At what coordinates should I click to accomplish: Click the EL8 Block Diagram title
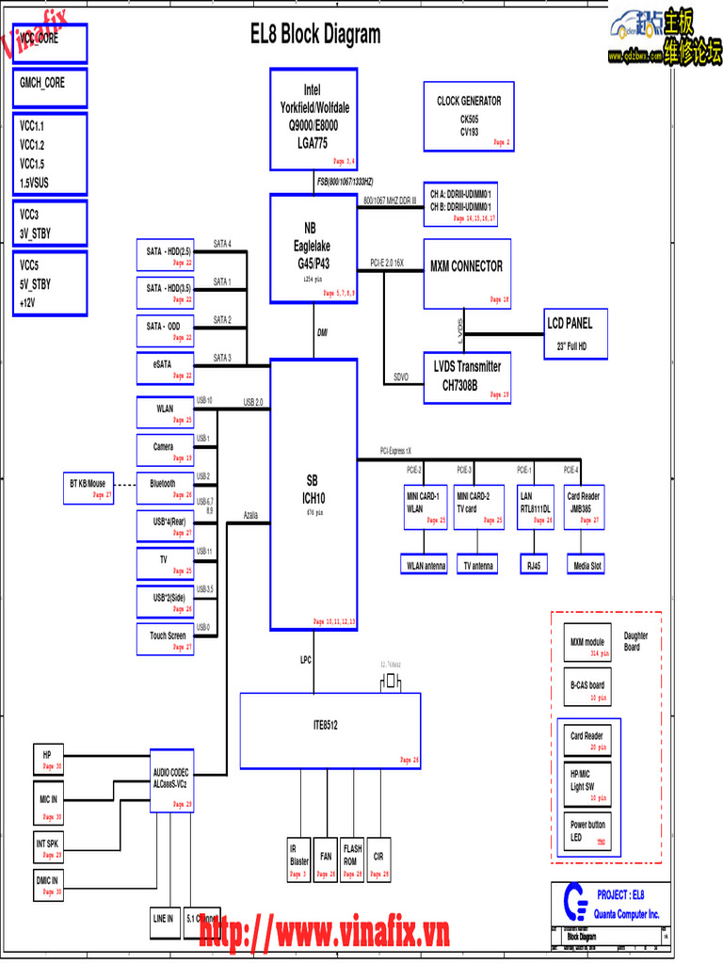315,35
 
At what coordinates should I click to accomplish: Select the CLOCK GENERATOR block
468,116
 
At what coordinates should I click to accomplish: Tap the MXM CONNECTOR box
467,274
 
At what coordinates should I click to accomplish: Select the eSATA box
166,368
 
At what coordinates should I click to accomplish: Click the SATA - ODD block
166,330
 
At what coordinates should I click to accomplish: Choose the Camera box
166,451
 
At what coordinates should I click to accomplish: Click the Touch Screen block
166,639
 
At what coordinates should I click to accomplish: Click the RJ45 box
535,565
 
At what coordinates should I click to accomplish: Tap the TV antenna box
478,565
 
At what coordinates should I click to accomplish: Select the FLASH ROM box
351,860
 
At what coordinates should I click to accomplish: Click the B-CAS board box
586,689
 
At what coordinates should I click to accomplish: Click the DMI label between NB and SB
322,332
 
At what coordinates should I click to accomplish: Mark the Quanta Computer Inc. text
627,914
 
